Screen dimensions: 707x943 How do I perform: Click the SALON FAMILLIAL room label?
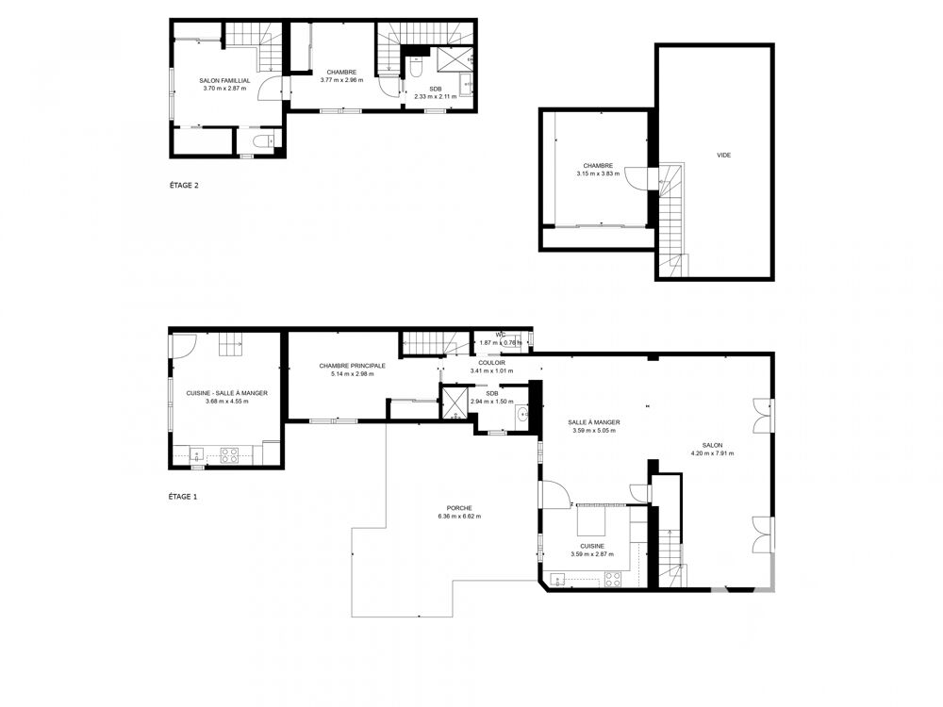tap(224, 80)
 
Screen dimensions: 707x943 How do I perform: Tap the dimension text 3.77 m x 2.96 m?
tap(341, 80)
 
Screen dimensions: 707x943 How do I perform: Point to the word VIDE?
tap(723, 156)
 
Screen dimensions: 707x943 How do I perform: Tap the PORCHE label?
tap(459, 508)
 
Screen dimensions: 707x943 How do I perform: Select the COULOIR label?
tap(491, 362)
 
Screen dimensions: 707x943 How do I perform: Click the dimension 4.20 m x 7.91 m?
tap(711, 453)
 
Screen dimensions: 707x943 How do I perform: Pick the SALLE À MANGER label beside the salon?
tap(593, 422)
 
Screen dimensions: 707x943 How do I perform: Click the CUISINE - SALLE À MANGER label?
tap(220, 393)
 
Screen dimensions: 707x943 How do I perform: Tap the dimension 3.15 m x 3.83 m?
tap(598, 173)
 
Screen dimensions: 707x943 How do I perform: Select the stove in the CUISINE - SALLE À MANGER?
tap(229, 455)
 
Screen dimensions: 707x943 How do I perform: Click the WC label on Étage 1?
tap(500, 334)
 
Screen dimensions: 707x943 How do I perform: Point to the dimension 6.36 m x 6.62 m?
tap(459, 517)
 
